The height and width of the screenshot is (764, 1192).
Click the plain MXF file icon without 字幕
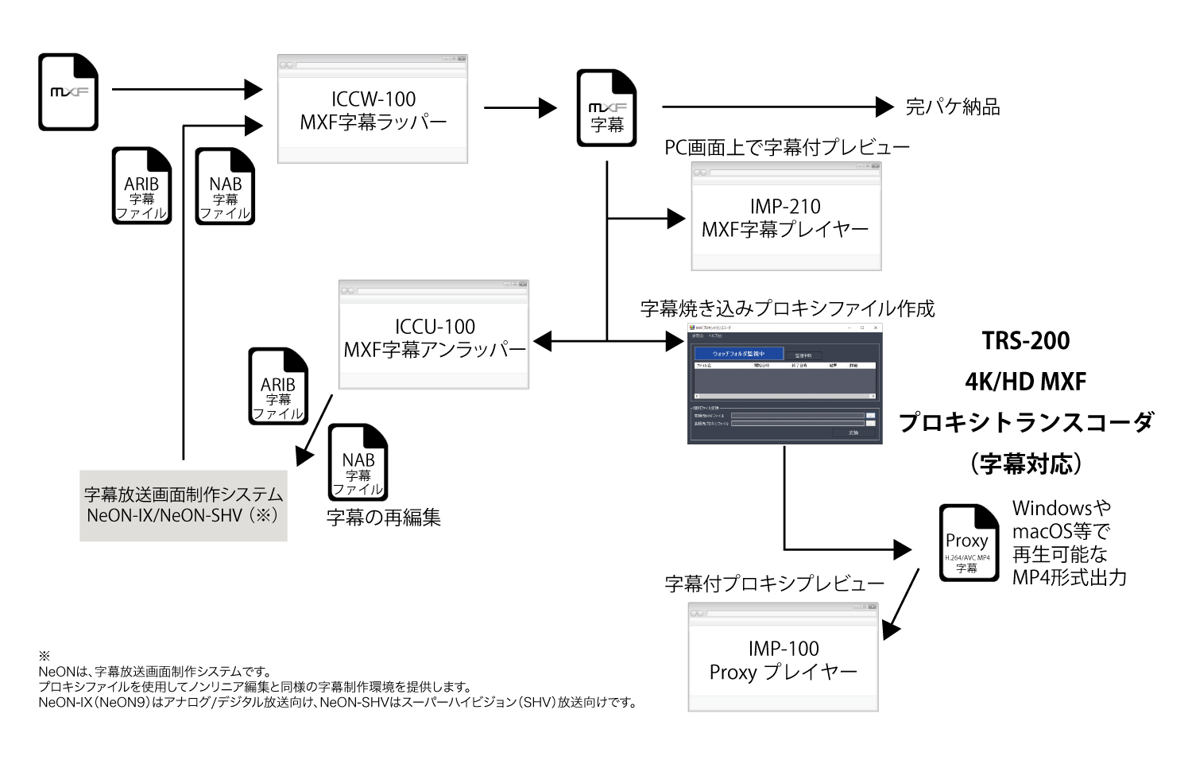[68, 92]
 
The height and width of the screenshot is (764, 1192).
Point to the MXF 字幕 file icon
[606, 109]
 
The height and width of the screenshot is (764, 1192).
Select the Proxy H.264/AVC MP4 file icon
[968, 543]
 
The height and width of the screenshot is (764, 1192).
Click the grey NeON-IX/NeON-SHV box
[183, 505]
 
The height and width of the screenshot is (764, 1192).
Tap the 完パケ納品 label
[952, 107]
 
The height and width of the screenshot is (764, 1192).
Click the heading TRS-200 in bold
[1025, 341]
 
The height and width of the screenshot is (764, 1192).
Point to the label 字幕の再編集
[383, 518]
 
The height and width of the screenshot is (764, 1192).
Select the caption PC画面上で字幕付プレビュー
[787, 147]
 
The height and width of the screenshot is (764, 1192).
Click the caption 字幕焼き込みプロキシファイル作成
[787, 308]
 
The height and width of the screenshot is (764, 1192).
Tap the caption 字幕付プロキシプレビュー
[774, 584]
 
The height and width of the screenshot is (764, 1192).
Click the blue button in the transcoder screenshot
[738, 354]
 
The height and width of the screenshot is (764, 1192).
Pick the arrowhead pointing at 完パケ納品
[884, 107]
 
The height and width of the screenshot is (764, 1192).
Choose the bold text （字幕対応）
[1025, 463]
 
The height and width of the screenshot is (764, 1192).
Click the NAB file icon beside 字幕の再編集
[358, 463]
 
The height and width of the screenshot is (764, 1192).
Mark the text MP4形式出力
[1069, 577]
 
